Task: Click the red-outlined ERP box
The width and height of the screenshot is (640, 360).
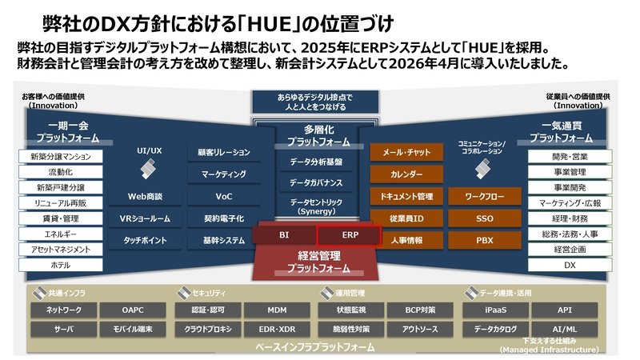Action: tap(350, 235)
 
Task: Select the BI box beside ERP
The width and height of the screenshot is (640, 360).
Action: tap(285, 235)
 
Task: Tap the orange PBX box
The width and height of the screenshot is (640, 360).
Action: tap(485, 241)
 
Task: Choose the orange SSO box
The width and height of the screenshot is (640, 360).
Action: tap(485, 218)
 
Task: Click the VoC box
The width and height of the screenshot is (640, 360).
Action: tap(224, 196)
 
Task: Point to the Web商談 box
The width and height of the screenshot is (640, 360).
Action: tap(145, 196)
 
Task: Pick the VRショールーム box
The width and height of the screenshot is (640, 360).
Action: tap(145, 218)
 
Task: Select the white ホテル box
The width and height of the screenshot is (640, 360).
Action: tap(61, 265)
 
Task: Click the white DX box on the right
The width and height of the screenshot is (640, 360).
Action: tap(570, 265)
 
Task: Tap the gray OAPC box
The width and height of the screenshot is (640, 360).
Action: tap(133, 310)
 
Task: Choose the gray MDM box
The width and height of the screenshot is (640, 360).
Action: tap(277, 310)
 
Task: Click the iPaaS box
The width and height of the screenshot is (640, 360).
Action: tap(495, 310)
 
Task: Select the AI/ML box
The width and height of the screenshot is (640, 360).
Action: tap(565, 329)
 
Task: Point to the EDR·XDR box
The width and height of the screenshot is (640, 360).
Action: tap(277, 329)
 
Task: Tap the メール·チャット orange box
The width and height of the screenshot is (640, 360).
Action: tap(406, 152)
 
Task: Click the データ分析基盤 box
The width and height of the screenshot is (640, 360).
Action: tap(316, 162)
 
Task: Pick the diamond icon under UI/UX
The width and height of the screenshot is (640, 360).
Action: tap(148, 169)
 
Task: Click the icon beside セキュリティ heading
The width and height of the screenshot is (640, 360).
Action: tap(184, 293)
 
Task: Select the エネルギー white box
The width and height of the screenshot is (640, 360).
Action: tap(61, 234)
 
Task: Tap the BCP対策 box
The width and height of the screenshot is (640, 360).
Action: tap(420, 310)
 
